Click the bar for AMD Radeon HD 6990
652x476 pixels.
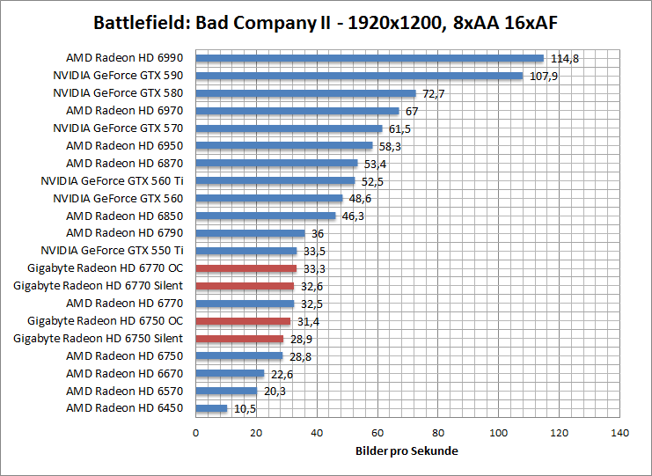tap(370, 58)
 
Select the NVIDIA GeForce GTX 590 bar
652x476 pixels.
tap(359, 76)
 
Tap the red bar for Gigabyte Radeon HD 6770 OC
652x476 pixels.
tap(245, 268)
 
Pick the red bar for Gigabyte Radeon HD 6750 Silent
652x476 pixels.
tap(239, 339)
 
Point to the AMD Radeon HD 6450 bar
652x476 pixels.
tap(211, 408)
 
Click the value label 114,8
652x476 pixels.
tap(565, 59)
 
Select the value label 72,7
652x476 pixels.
tap(433, 93)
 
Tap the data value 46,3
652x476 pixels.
tap(353, 216)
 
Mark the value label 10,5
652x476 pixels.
tap(245, 409)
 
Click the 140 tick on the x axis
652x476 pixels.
tap(619, 433)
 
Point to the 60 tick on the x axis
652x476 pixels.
tap(377, 433)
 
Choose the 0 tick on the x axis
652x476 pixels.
tap(195, 433)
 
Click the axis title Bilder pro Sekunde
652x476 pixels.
tap(407, 450)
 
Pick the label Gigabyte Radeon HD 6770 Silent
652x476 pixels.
tap(99, 286)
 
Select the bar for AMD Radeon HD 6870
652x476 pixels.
tap(276, 163)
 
